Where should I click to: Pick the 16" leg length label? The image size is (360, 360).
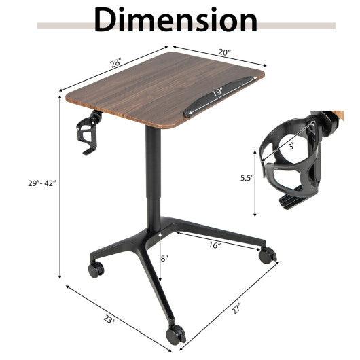[x=215, y=245]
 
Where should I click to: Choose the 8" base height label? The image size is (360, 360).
[x=164, y=259]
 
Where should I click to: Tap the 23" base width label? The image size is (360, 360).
[x=109, y=318]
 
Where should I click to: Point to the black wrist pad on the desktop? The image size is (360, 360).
[x=216, y=96]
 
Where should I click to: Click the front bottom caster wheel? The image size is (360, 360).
[x=176, y=334]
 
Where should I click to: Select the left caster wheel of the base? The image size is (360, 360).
[x=96, y=269]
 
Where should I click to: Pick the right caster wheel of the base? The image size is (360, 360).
[x=268, y=256]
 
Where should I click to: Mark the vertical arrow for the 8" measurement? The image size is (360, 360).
[x=159, y=257]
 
